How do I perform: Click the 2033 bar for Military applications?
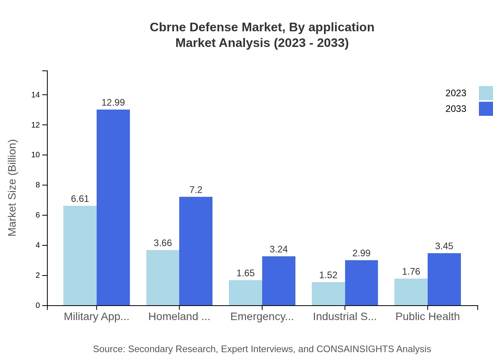[x=113, y=207]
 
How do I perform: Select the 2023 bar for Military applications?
[x=80, y=256]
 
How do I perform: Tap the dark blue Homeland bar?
[x=196, y=251]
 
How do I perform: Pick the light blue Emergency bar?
[x=245, y=293]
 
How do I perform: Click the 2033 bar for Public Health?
[x=444, y=279]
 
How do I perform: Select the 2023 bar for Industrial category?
[x=328, y=294]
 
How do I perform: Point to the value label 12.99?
[x=113, y=103]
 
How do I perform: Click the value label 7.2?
[x=196, y=190]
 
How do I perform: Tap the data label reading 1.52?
[x=328, y=275]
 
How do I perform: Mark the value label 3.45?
[x=444, y=246]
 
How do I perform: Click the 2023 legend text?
[x=456, y=93]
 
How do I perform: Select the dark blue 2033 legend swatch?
[x=486, y=109]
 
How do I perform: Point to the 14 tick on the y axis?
[x=36, y=95]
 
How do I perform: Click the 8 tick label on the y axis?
[x=38, y=185]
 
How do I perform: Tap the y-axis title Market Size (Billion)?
[x=12, y=188]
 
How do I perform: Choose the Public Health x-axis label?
[x=428, y=317]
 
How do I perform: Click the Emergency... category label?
[x=262, y=317]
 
